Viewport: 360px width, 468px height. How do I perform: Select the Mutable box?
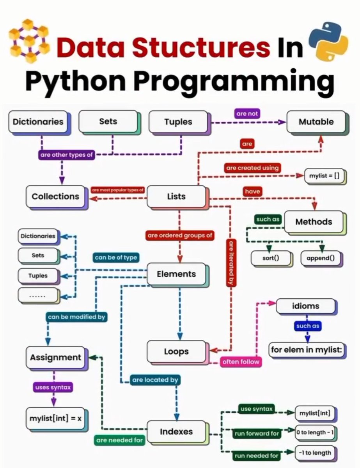(316, 122)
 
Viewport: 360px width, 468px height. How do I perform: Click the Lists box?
(176, 196)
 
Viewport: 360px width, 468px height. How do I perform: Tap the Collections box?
(55, 196)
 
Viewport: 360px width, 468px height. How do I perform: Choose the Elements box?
(176, 274)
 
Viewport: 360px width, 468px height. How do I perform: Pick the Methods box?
(314, 222)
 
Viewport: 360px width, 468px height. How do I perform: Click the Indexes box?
(176, 431)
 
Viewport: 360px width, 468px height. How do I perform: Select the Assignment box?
(56, 357)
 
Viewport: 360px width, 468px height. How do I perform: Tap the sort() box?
(271, 258)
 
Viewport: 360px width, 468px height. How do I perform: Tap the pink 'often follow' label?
(240, 362)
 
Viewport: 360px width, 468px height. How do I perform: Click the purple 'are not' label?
(247, 113)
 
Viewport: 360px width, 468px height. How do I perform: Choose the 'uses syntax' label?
(53, 387)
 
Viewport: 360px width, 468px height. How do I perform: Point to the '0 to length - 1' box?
(316, 433)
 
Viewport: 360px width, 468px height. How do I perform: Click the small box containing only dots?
(38, 295)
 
